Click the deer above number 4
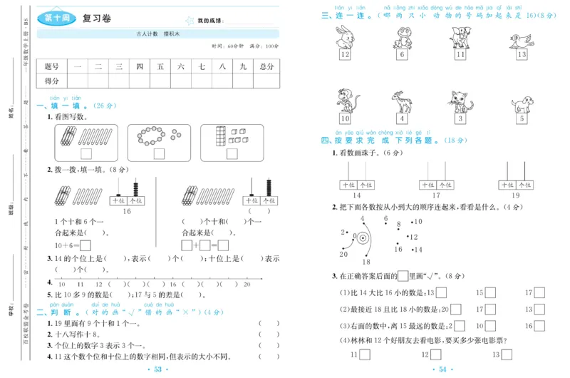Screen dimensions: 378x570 403,100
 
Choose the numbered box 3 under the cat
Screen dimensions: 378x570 460,119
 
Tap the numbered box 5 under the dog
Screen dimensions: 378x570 521,119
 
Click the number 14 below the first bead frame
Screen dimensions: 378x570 356,195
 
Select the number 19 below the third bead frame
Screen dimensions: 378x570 516,195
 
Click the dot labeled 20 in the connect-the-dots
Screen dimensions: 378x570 344,252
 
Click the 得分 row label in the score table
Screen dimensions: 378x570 51,81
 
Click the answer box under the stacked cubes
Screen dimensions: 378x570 232,155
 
